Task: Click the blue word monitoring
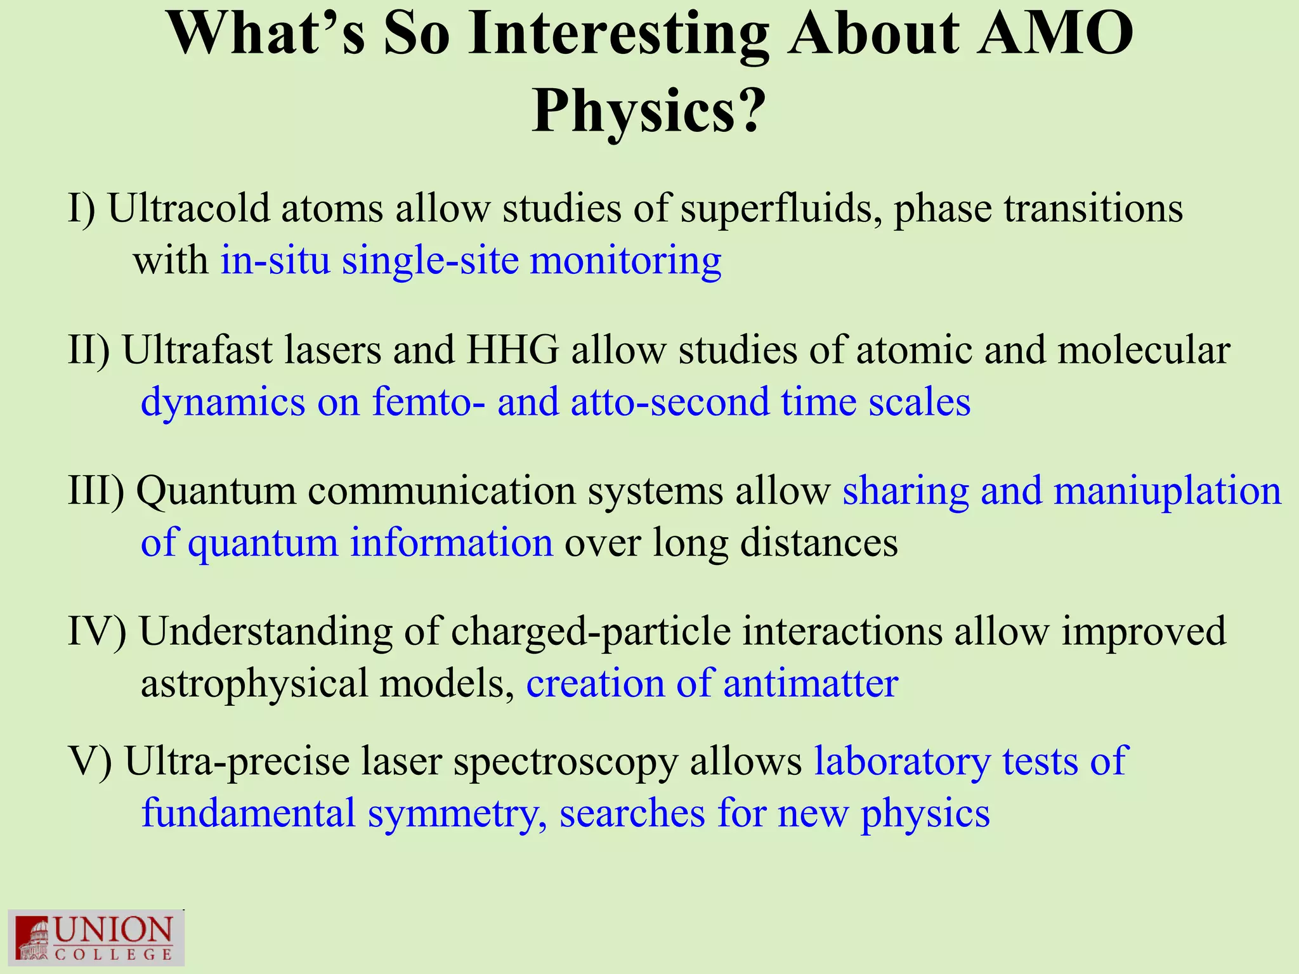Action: [x=625, y=261]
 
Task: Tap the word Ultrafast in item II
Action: [x=197, y=349]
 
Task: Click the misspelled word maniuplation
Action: [x=1167, y=491]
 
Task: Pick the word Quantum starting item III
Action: [x=216, y=491]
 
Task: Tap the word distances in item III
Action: [x=819, y=543]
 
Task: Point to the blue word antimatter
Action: [x=811, y=684]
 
